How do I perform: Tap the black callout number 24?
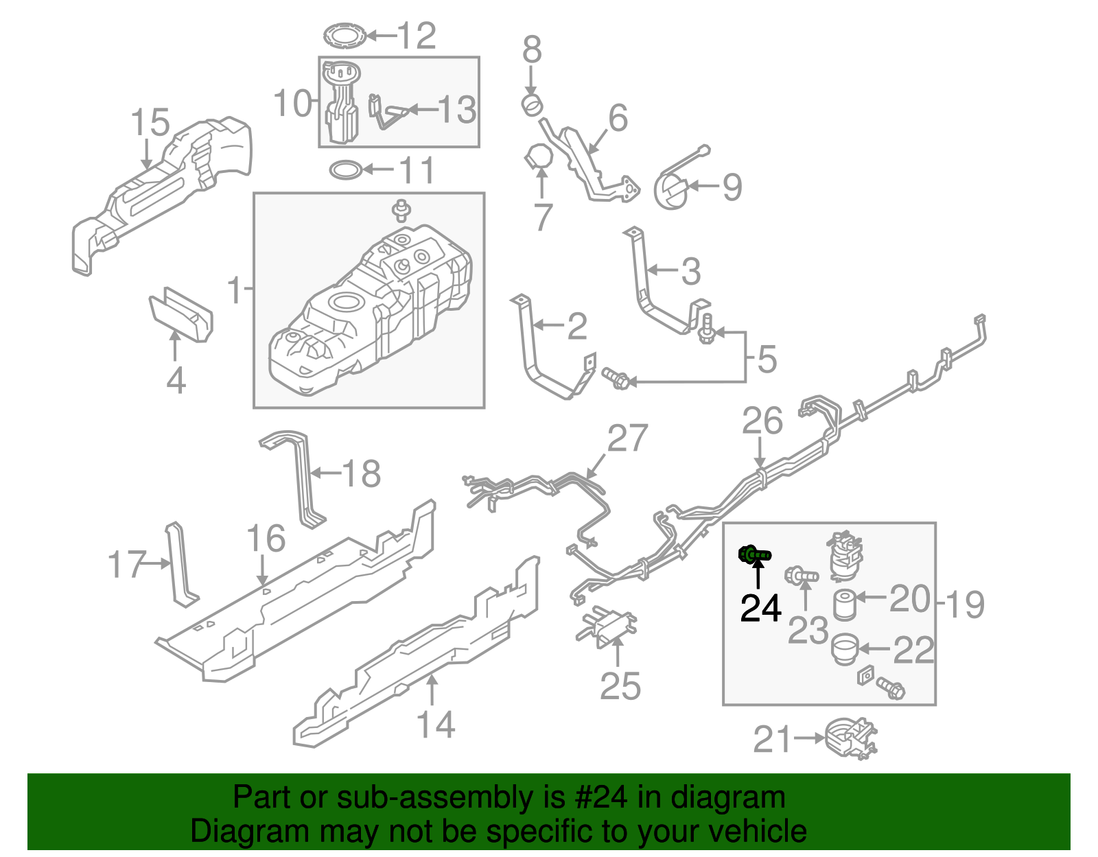[x=760, y=608]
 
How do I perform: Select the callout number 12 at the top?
[x=417, y=36]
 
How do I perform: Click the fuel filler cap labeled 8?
[x=531, y=106]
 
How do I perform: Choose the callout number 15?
[x=150, y=124]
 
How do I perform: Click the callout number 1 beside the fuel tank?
[x=235, y=291]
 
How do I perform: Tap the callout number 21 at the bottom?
[x=773, y=740]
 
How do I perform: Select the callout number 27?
[x=627, y=439]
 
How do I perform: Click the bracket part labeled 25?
[x=606, y=625]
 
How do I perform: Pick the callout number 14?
[x=436, y=725]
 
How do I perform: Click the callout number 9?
[x=732, y=187]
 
